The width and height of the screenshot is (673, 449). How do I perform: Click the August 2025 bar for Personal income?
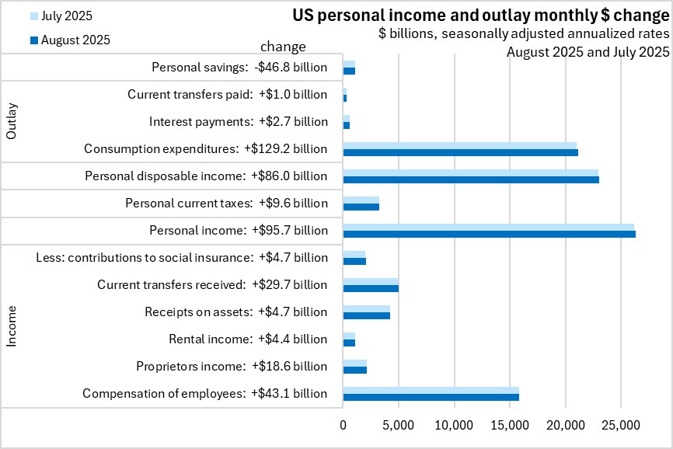click(x=489, y=234)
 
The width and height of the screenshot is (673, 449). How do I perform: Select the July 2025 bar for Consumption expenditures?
click(x=459, y=145)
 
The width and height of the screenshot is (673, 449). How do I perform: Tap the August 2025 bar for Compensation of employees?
click(x=431, y=397)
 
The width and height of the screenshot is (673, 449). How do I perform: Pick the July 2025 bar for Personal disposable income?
click(x=470, y=172)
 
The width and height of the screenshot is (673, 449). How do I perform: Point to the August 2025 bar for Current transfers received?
click(x=371, y=288)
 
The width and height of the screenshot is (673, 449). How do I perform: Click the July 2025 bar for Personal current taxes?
click(x=361, y=200)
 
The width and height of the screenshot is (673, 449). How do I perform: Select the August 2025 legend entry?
click(x=76, y=40)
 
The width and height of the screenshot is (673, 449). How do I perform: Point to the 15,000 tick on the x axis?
click(x=510, y=426)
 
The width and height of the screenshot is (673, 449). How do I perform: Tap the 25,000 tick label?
click(x=621, y=426)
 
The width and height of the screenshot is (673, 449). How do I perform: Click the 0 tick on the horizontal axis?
click(x=343, y=426)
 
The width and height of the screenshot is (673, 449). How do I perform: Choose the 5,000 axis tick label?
click(x=398, y=426)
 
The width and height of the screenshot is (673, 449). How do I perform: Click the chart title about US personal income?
click(x=480, y=15)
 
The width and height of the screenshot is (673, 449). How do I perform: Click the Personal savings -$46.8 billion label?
click(x=239, y=68)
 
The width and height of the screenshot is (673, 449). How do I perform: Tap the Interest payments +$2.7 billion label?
click(x=238, y=122)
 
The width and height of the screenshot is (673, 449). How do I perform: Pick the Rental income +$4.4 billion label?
click(x=248, y=339)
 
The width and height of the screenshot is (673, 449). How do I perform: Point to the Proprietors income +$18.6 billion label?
click(x=232, y=366)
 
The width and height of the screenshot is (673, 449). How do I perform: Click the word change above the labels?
click(x=283, y=47)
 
